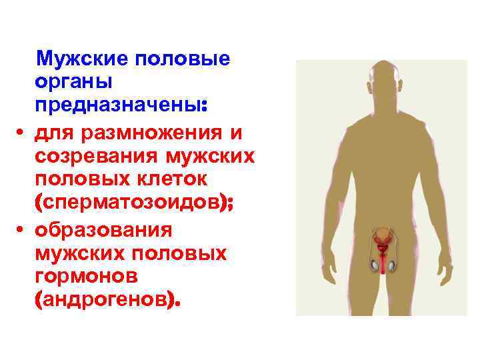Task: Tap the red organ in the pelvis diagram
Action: (x=383, y=247)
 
